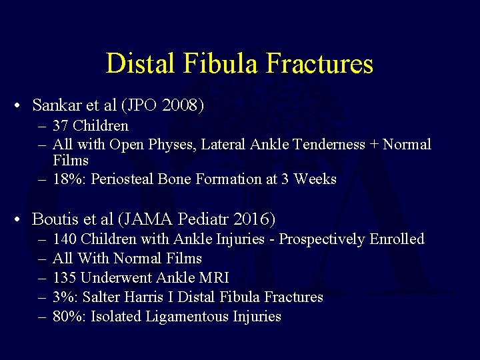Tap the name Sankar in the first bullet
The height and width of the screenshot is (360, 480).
[56, 105]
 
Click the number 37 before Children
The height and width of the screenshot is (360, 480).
[61, 126]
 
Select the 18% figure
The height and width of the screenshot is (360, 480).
[66, 179]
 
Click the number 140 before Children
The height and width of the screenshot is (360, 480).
[65, 239]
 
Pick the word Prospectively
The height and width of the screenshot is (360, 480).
[322, 239]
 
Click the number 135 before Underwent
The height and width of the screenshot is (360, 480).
[65, 278]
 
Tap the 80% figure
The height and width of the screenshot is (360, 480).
[66, 317]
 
